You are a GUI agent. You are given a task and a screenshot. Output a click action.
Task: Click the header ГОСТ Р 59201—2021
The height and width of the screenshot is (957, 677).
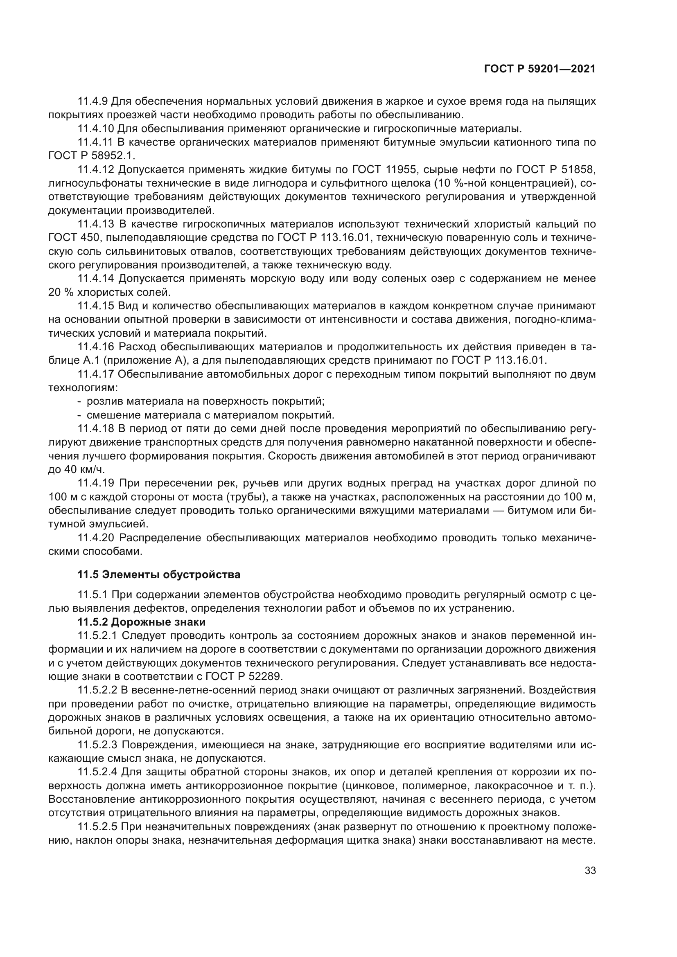point(539,69)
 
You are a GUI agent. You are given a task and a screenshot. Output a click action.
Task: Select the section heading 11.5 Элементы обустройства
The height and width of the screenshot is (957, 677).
point(159,575)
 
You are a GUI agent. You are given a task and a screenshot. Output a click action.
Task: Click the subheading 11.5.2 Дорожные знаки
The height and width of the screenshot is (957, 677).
point(141,622)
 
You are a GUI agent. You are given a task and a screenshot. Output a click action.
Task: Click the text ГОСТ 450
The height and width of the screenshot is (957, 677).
point(74,238)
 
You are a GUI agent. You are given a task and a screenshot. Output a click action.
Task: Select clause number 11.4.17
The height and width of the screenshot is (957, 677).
point(96,374)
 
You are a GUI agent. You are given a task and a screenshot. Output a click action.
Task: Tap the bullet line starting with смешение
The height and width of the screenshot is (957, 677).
point(210,415)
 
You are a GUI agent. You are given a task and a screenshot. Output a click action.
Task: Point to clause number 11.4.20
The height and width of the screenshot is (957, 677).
point(96,538)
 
